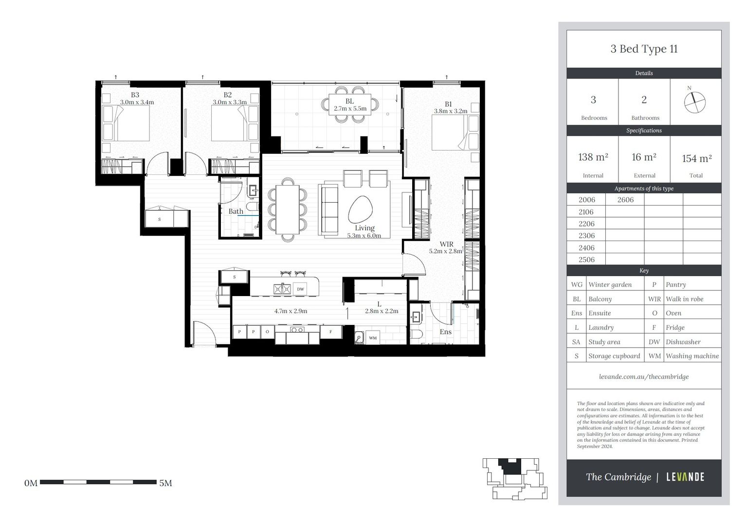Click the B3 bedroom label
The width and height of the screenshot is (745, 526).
tap(135, 95)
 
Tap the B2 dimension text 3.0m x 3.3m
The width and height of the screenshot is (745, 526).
tap(230, 102)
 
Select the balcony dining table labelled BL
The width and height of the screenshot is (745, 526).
tap(350, 105)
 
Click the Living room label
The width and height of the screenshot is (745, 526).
tap(364, 228)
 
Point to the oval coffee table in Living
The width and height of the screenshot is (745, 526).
tap(360, 209)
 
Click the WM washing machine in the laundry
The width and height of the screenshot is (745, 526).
tap(373, 338)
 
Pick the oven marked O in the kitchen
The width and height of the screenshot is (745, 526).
tap(268, 332)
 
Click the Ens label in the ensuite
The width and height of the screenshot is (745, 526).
tap(446, 332)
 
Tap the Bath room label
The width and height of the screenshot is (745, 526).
tap(236, 211)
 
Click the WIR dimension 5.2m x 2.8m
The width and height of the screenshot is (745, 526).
tap(446, 251)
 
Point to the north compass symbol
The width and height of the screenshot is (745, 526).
tap(694, 102)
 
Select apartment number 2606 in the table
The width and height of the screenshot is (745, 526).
tap(625, 200)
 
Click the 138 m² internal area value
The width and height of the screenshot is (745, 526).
tap(593, 157)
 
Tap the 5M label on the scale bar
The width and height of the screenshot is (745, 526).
tap(165, 483)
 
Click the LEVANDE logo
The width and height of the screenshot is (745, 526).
tap(685, 477)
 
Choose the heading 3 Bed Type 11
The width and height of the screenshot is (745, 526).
tap(644, 49)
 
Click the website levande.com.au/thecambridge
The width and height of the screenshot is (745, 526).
tap(644, 377)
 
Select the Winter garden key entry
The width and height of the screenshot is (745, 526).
tap(610, 284)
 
